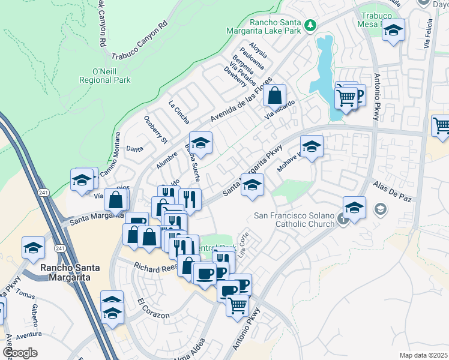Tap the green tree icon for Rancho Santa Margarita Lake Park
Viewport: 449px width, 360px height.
pos(310,25)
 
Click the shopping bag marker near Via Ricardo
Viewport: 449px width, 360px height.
pos(274,95)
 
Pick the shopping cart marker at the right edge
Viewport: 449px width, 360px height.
pos(441,125)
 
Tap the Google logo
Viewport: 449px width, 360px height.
pos(20,352)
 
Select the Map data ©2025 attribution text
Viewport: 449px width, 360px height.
pos(424,355)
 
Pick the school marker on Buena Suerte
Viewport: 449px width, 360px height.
pos(201,143)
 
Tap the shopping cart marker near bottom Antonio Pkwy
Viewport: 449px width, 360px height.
pos(238,305)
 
